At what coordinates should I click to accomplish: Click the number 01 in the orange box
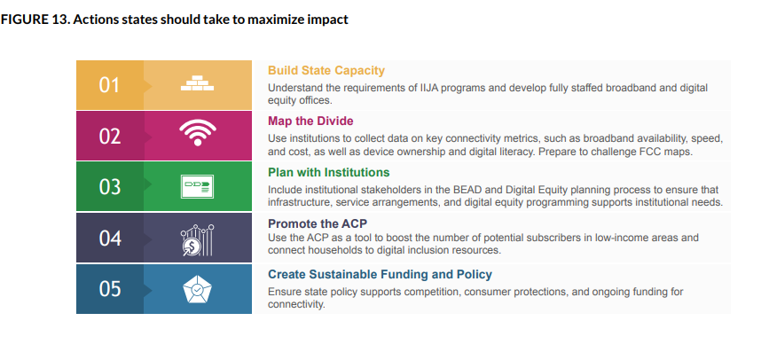[109, 86]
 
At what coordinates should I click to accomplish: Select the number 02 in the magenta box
[109, 137]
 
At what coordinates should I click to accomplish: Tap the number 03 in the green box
[109, 187]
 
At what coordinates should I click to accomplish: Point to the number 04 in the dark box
[109, 239]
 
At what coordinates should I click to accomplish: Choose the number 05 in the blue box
[109, 289]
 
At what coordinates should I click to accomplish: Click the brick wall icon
[197, 85]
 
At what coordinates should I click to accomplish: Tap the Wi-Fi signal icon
[197, 136]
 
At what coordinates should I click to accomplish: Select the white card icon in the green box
[197, 187]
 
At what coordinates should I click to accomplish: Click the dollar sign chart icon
[197, 239]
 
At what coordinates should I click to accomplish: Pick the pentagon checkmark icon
[197, 290]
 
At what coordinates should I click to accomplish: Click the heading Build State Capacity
[326, 71]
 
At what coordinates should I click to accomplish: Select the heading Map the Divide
[310, 121]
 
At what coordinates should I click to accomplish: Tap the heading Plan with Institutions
[328, 172]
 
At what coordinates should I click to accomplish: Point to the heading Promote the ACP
[318, 223]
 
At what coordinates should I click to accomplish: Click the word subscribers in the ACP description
[539, 238]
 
